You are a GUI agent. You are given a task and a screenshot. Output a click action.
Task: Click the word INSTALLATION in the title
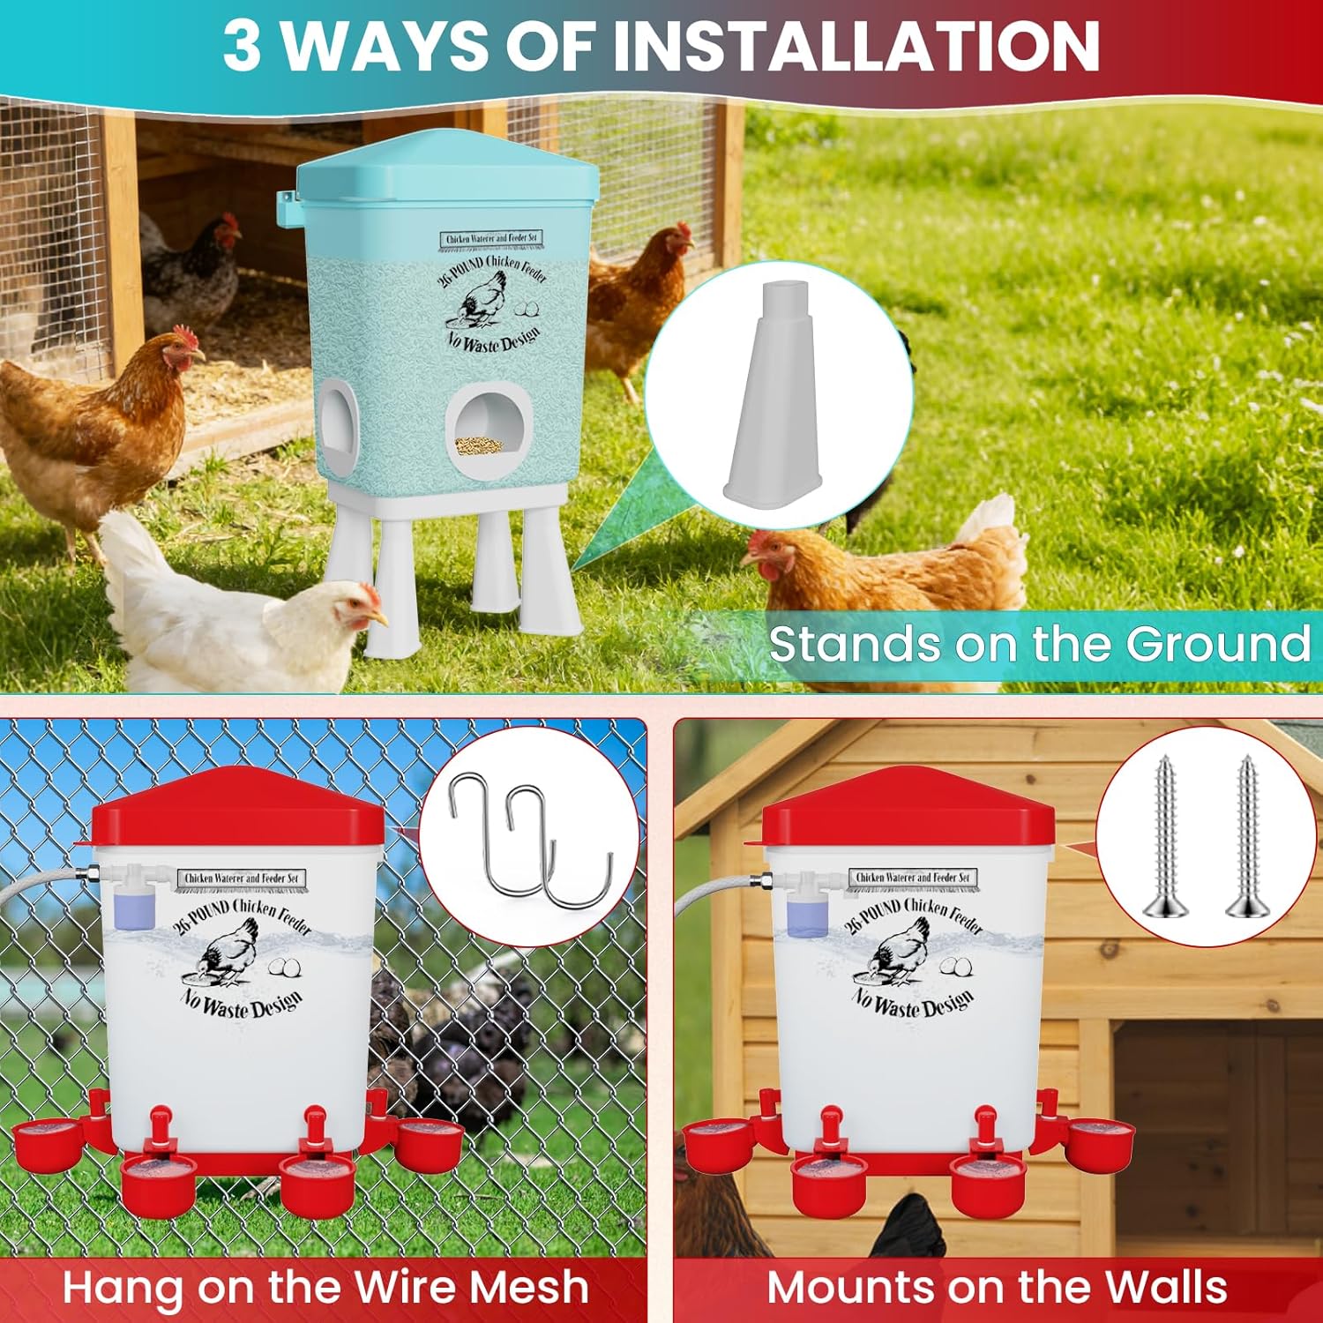(856, 46)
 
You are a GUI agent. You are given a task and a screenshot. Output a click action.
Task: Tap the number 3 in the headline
(242, 46)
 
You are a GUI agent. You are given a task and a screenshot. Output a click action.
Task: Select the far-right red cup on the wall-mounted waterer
(1099, 1141)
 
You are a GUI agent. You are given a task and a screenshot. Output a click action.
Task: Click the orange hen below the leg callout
(882, 564)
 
